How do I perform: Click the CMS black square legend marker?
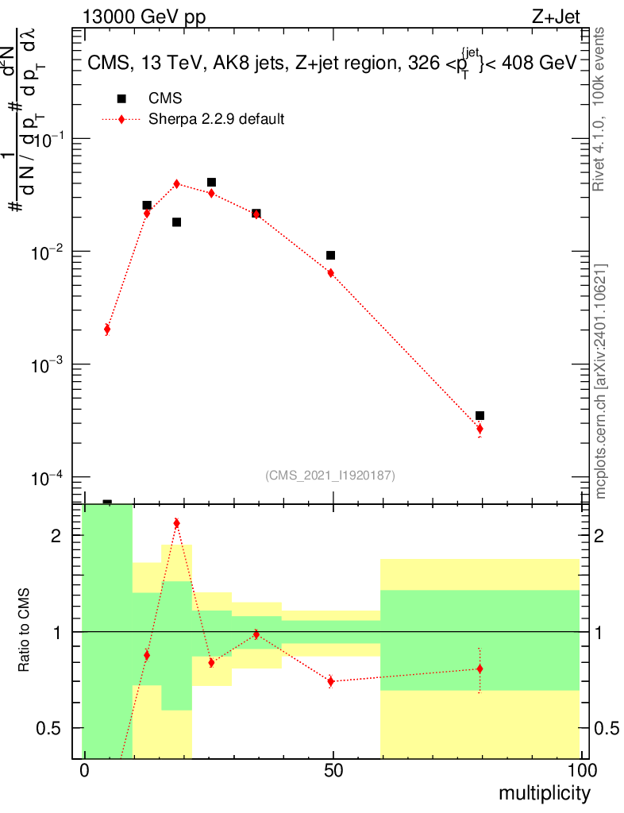[121, 98]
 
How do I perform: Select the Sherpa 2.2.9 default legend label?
[217, 120]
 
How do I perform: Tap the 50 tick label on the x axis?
[333, 771]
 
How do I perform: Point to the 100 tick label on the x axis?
[581, 771]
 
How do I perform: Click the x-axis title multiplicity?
[545, 793]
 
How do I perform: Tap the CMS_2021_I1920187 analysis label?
[330, 475]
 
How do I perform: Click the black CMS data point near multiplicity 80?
[480, 416]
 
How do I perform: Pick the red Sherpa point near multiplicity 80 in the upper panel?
[480, 429]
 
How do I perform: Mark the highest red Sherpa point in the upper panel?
[176, 183]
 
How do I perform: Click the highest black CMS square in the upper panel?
[211, 183]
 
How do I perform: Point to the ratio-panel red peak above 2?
[176, 523]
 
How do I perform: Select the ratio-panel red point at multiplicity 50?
[331, 681]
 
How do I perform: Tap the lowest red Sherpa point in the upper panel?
[107, 329]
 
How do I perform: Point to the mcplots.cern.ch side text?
[601, 381]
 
